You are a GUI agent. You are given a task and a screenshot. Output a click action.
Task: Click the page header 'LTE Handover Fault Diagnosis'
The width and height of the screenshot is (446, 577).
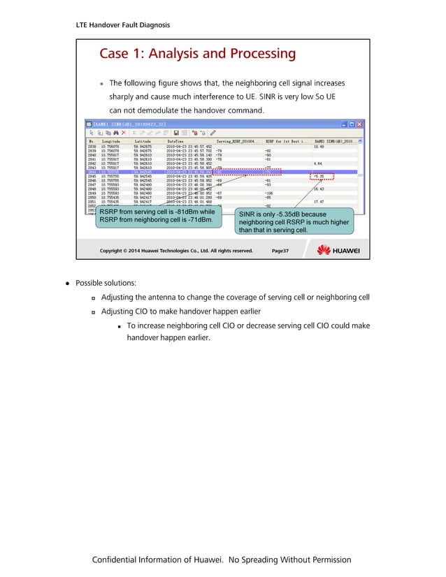point(122,25)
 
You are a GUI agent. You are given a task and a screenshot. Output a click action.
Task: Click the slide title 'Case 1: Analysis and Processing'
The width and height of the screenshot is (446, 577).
point(198,54)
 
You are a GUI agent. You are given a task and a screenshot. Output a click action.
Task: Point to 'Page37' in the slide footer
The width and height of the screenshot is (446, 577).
point(280,250)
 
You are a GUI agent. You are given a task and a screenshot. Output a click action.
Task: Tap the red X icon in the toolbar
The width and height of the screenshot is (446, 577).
point(124,133)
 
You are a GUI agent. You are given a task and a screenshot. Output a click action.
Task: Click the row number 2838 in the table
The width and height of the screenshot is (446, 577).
point(92,147)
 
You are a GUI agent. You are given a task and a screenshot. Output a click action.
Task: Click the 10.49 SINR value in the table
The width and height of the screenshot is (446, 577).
point(319,147)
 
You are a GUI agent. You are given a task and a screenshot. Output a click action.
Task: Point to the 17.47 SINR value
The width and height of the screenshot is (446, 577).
point(319,201)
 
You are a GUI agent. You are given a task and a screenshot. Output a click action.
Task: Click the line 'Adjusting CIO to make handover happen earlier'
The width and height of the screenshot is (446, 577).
point(180,312)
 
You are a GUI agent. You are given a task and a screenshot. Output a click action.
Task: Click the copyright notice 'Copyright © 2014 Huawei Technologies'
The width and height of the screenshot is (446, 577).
point(176,250)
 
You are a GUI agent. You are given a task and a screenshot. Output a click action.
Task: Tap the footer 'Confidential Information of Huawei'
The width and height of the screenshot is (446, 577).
point(222,560)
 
